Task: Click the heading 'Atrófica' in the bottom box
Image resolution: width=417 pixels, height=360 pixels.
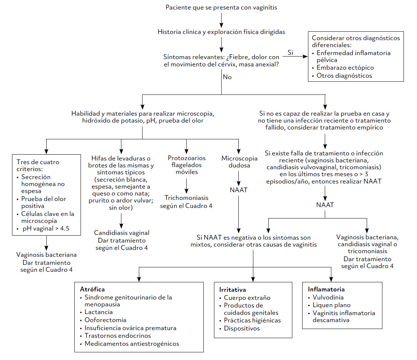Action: (92, 289)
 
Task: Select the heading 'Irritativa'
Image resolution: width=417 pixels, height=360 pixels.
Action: (232, 290)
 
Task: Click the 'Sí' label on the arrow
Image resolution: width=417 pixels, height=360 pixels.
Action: (291, 53)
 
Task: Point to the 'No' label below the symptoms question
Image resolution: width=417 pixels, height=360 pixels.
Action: (227, 77)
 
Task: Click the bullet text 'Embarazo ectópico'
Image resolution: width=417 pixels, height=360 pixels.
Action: (345, 68)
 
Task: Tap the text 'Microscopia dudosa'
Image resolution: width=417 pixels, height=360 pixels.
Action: (239, 162)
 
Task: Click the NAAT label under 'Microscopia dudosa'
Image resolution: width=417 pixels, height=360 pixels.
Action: (239, 190)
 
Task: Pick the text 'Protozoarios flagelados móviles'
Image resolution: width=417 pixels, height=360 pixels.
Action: (187, 165)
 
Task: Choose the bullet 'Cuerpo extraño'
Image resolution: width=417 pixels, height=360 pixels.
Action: (247, 298)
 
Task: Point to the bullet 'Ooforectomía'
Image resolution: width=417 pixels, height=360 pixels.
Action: (105, 320)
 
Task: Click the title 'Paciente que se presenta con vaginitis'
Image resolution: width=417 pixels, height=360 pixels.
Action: (221, 7)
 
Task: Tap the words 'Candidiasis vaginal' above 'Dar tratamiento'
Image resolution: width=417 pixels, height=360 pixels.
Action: (121, 233)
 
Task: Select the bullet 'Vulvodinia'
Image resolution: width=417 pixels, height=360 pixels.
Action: (328, 297)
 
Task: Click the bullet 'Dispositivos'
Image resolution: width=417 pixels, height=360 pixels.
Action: (242, 328)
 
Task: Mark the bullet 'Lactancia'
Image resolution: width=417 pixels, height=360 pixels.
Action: (98, 312)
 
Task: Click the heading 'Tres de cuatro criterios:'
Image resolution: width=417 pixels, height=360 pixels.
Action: (38, 165)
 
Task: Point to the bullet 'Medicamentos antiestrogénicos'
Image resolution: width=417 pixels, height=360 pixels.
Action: (132, 344)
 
